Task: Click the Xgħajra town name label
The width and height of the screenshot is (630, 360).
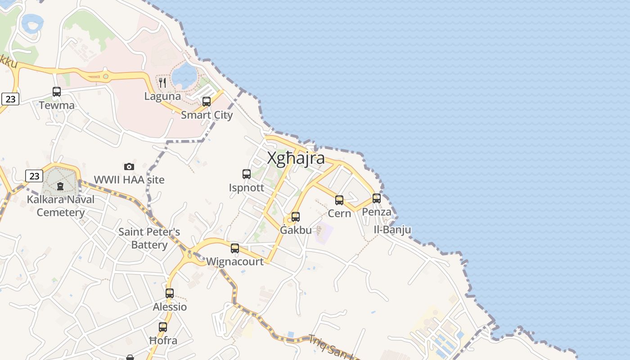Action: click(296, 158)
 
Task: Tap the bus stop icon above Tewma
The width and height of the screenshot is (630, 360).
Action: click(57, 92)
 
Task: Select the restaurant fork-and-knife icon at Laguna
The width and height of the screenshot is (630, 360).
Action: click(162, 82)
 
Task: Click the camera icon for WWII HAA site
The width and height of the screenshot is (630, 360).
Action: click(129, 166)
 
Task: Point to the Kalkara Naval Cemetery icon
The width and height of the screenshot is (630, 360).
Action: click(60, 186)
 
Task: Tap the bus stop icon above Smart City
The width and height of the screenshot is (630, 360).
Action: click(207, 102)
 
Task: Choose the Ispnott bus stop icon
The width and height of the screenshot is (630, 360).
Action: click(247, 174)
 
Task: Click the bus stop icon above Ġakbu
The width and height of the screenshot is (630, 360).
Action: click(296, 217)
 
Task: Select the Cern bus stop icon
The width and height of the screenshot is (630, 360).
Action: click(339, 200)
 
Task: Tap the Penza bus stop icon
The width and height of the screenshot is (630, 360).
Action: click(377, 198)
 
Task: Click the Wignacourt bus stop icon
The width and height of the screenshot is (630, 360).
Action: click(235, 248)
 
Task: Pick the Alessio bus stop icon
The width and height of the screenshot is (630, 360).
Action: click(170, 293)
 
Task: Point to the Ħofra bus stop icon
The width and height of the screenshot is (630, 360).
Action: click(163, 327)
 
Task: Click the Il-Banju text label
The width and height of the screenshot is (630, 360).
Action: click(392, 230)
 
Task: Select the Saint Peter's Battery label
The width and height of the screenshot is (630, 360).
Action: click(149, 238)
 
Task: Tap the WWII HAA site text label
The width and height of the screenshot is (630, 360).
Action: click(129, 180)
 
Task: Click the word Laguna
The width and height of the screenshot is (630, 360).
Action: click(162, 96)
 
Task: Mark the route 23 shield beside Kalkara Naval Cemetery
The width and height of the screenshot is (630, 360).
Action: click(34, 175)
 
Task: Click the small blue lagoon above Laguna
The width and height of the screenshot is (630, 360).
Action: click(184, 75)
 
